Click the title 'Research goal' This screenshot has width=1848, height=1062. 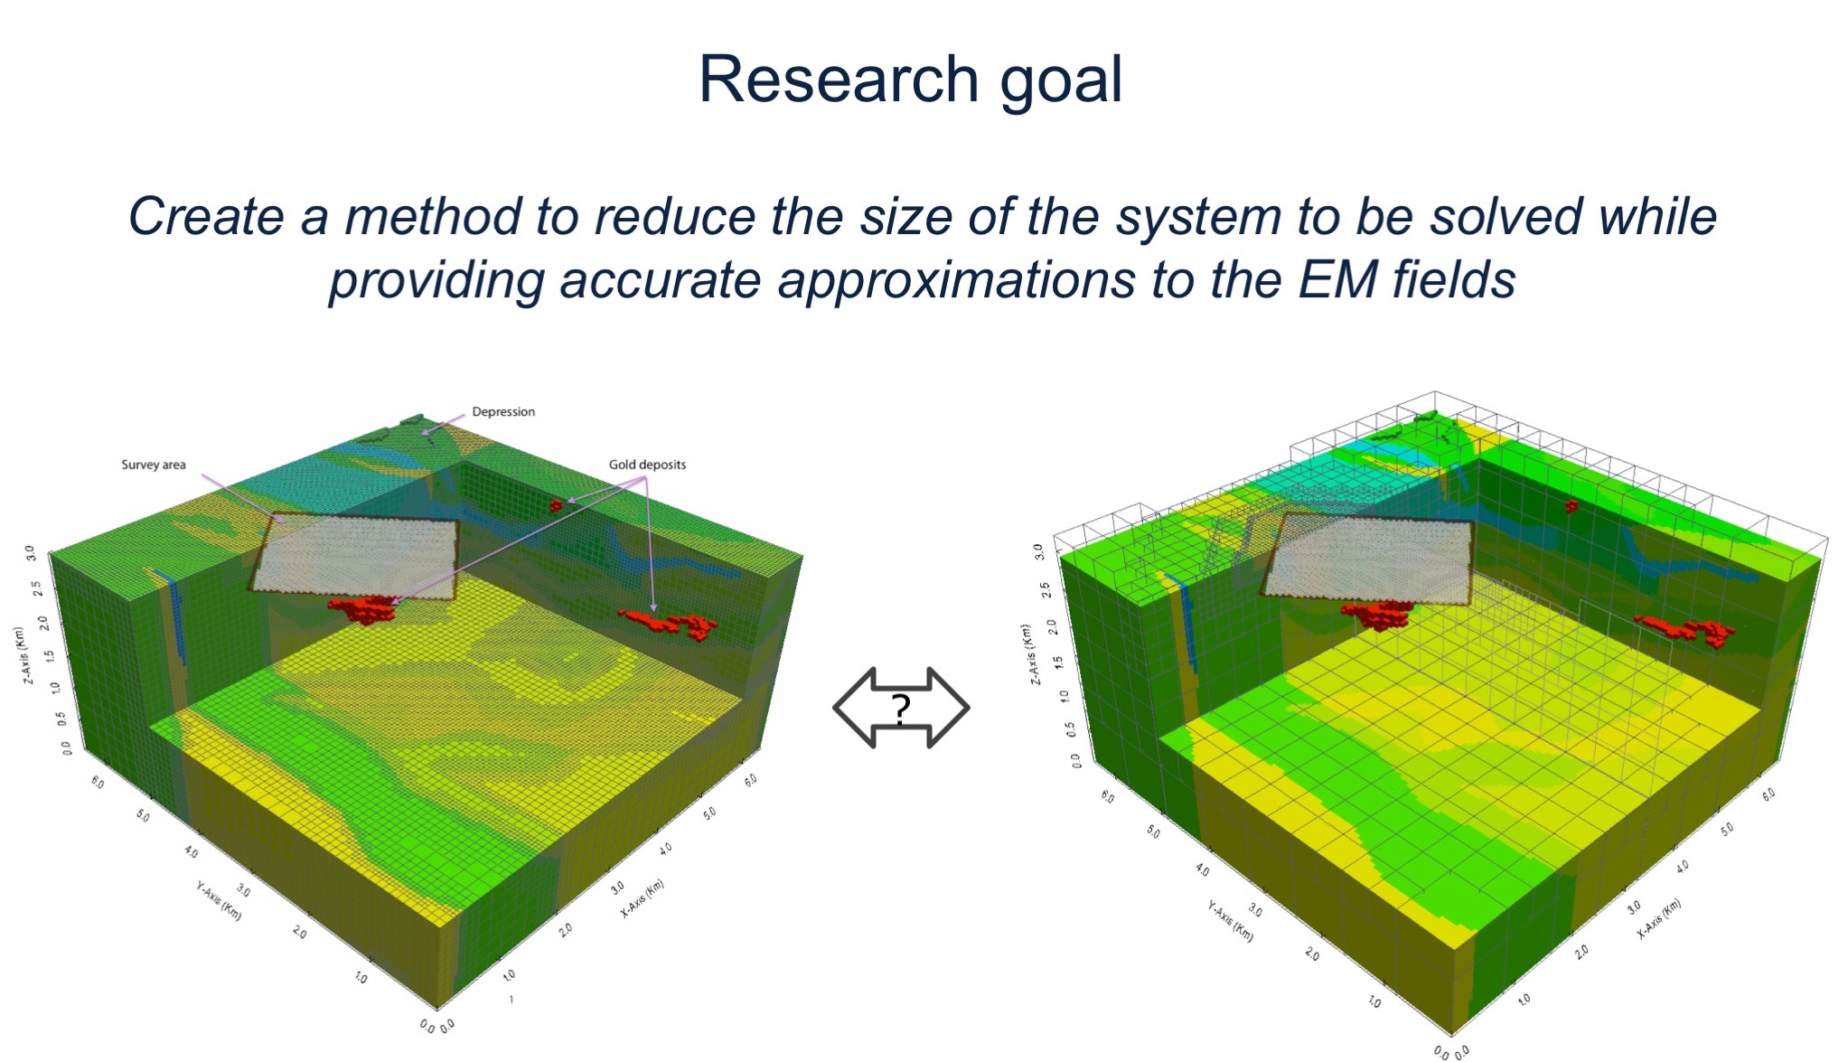(x=910, y=80)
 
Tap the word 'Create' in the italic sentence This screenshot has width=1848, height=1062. (x=207, y=217)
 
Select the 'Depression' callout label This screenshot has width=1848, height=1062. (x=503, y=411)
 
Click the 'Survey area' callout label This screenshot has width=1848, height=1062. (x=154, y=465)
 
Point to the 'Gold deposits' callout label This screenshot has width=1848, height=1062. (x=647, y=465)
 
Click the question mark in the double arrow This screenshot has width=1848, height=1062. (x=901, y=709)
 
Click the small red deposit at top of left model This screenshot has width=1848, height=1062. (x=556, y=505)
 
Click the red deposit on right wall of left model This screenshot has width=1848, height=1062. (x=671, y=623)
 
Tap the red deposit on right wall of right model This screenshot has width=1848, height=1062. (x=1686, y=629)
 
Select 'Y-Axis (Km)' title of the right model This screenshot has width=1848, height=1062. (x=1231, y=921)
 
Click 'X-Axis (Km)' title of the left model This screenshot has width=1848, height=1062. (x=643, y=898)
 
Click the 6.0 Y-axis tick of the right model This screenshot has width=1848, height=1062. (x=1107, y=797)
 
